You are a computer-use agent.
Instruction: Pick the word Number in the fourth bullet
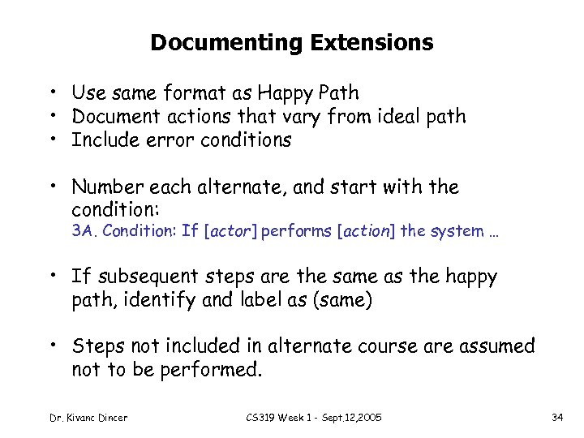pos(105,188)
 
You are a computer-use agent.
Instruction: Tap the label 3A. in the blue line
pos(83,231)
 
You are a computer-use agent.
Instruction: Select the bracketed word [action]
pos(369,231)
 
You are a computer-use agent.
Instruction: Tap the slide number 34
pos(557,418)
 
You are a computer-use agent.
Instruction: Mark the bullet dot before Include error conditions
pos(50,140)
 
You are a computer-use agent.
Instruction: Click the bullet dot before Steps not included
pos(50,346)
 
